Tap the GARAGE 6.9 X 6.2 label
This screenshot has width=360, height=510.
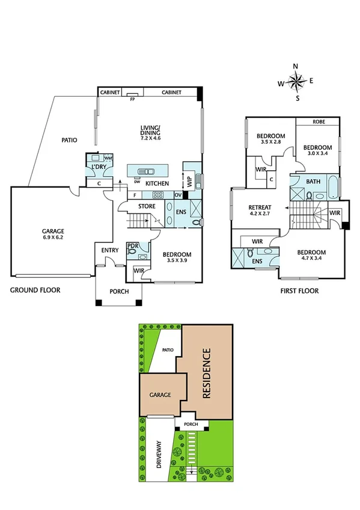click(x=53, y=234)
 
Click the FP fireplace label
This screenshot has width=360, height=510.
click(x=132, y=99)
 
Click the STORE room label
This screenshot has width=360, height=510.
click(x=147, y=207)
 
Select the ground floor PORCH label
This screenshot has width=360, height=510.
click(x=118, y=293)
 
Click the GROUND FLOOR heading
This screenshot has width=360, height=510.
click(x=35, y=290)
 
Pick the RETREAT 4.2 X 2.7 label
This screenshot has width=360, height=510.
click(x=261, y=211)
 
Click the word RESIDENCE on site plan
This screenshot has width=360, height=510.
click(x=207, y=374)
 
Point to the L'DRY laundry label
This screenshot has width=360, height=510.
click(x=98, y=166)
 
